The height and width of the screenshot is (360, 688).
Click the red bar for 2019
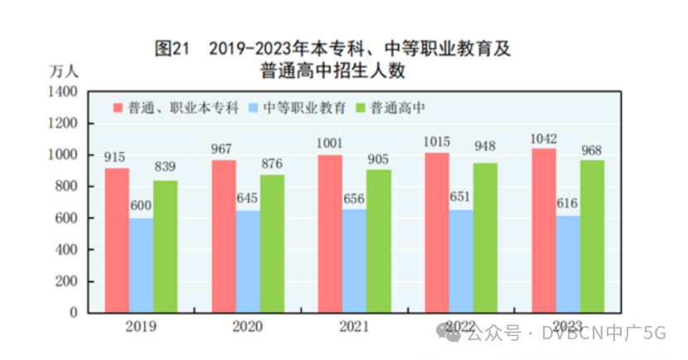pos(117,241)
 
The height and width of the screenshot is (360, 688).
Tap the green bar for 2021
pos(379,241)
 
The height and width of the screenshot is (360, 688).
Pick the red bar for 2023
pos(544,231)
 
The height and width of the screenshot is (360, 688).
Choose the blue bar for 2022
pos(462,260)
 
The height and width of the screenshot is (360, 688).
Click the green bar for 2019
pos(165,246)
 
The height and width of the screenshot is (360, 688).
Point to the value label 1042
pos(544,139)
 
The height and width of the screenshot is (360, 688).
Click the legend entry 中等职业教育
pos(304,108)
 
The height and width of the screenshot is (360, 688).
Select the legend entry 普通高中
pos(398,108)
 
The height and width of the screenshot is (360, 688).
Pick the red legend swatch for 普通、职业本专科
pos(118,108)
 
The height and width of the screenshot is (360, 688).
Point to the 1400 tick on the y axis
pos(63,91)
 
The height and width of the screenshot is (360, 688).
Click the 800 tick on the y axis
pos(66,187)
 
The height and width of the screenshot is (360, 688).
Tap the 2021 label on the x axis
pos(354,326)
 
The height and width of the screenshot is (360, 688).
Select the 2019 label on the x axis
pos(141,326)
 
